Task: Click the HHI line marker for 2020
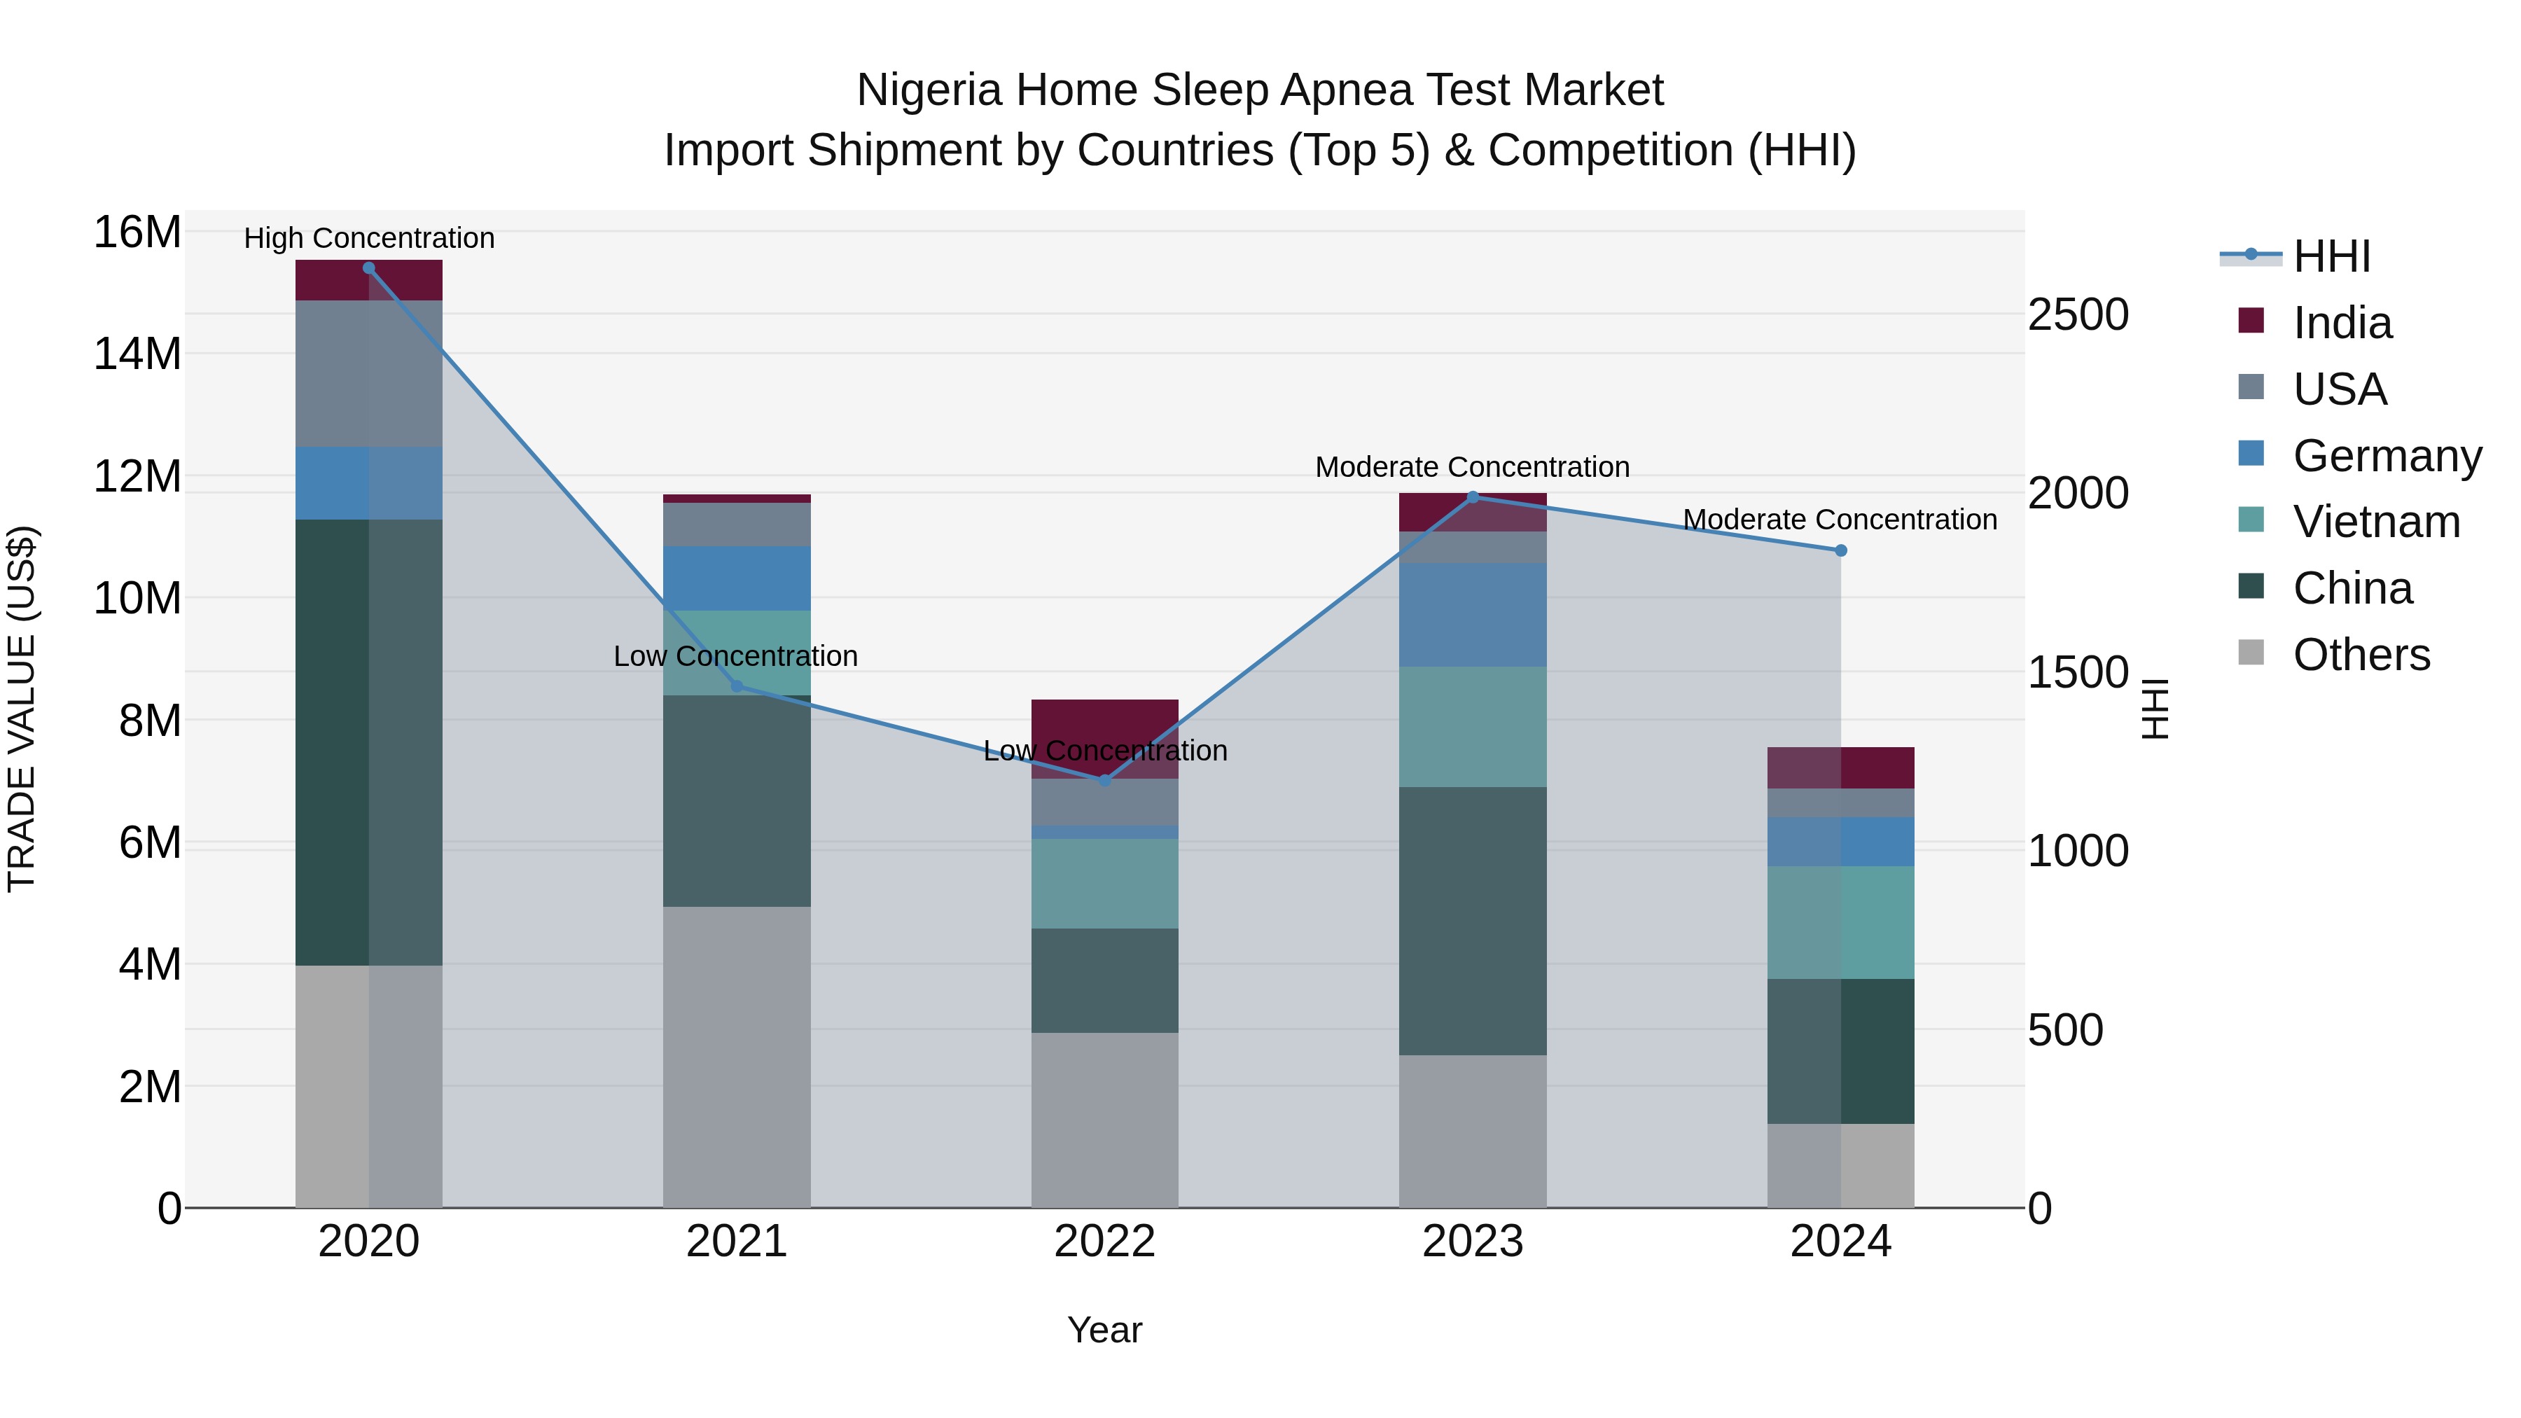pos(369,268)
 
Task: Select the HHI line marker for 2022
pos(1105,780)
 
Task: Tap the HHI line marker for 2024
pos(1841,551)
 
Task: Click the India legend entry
pos(2342,323)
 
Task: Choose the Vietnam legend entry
pos(2375,522)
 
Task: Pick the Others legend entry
pos(2361,655)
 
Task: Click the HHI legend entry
pos(2331,256)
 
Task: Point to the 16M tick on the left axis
pos(137,233)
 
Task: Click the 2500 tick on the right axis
pos(2078,315)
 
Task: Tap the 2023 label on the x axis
pos(1473,1242)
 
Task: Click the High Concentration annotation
pos(369,238)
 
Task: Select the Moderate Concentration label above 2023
pos(1472,467)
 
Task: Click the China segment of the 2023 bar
pos(1473,920)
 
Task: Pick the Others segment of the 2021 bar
pos(737,1057)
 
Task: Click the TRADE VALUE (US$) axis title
pos(22,709)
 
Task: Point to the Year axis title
pos(1105,1330)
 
